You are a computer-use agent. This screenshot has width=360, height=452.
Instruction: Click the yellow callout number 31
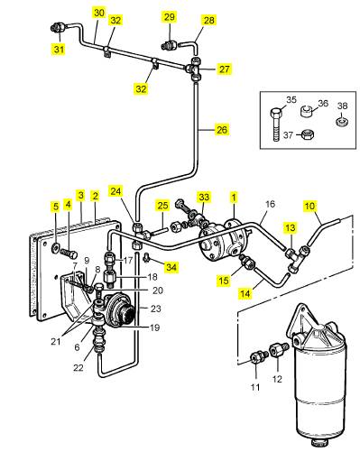(x=59, y=49)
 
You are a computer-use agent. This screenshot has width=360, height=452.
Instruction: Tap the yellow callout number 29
(x=170, y=16)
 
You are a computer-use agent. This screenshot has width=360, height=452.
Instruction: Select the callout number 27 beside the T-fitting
(x=225, y=69)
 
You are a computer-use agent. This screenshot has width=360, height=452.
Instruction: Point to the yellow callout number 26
(x=222, y=130)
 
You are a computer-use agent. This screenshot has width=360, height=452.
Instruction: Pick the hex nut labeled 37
(x=308, y=134)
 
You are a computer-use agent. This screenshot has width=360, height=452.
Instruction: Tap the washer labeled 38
(x=342, y=122)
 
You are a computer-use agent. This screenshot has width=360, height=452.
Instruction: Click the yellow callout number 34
(x=171, y=267)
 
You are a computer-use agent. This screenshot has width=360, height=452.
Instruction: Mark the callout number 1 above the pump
(x=234, y=198)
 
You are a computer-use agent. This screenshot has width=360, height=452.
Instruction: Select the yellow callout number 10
(x=309, y=206)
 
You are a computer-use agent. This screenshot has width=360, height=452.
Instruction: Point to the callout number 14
(x=245, y=293)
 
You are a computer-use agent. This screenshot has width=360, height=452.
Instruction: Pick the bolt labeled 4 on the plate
(x=69, y=254)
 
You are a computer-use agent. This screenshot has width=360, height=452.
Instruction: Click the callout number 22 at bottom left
(x=78, y=367)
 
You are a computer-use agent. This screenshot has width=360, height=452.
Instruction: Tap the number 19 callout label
(x=154, y=327)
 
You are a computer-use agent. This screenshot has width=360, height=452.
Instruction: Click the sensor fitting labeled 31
(x=57, y=29)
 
